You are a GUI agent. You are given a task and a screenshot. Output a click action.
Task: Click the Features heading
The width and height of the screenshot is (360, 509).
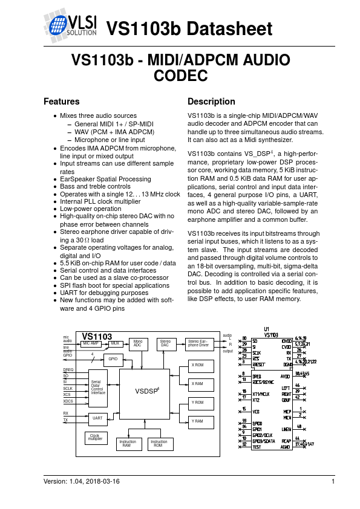(x=62, y=102)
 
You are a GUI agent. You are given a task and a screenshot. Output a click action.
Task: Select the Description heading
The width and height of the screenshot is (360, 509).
(x=211, y=102)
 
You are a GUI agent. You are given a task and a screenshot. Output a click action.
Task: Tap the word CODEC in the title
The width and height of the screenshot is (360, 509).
(x=181, y=76)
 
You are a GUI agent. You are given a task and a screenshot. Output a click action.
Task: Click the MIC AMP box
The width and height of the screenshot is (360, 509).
(x=91, y=343)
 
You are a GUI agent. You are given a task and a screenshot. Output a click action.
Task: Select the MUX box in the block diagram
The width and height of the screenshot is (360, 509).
(x=115, y=343)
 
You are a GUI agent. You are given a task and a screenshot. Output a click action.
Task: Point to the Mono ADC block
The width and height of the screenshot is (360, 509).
(x=137, y=344)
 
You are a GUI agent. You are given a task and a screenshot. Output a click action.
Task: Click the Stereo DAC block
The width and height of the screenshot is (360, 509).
(x=165, y=344)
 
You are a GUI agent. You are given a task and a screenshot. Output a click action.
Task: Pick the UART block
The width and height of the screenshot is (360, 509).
(x=96, y=417)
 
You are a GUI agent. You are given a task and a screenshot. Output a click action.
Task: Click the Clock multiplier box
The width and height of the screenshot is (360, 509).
(x=94, y=437)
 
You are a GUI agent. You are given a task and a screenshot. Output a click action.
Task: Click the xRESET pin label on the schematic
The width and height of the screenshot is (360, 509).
(x=261, y=365)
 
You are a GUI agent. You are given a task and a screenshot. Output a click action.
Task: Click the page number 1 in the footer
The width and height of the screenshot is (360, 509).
(x=333, y=481)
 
